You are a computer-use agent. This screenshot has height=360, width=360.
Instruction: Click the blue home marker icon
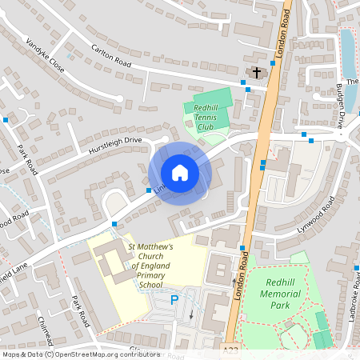coord(179,173)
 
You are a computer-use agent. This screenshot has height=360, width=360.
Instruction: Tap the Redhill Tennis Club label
coord(206,118)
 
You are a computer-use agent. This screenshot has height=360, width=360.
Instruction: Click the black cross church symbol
coord(256,73)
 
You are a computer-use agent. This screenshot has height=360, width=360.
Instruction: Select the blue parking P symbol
coord(174,301)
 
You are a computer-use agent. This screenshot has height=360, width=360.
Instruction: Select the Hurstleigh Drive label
coord(114,145)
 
